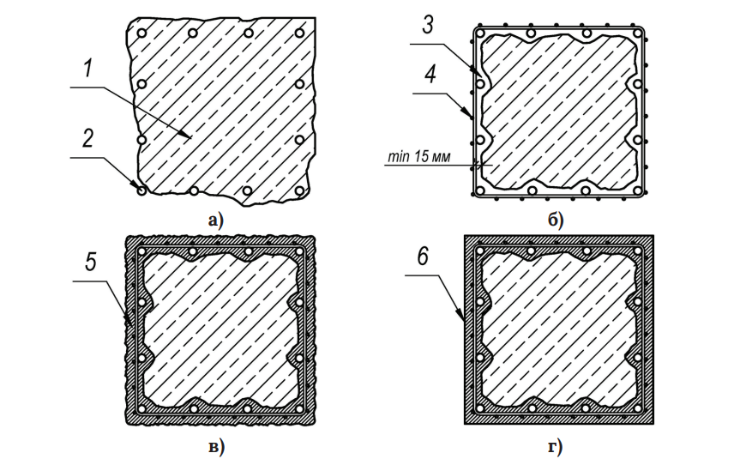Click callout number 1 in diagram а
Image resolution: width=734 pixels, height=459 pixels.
88,69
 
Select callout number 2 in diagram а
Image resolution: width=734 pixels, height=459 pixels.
88,139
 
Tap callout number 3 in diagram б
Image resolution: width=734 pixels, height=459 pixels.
428,25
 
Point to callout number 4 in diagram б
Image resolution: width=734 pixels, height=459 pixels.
430,74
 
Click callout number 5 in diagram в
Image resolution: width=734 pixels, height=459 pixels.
91,262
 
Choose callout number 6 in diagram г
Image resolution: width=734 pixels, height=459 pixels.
423,257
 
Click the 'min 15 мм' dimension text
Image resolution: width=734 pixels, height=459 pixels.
419,156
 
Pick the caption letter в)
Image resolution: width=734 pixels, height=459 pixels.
216,446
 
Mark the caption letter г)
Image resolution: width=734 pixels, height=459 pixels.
555,446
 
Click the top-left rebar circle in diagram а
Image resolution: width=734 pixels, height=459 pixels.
141,33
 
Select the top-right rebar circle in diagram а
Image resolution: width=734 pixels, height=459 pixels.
299,33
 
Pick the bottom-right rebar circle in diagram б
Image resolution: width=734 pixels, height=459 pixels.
637,190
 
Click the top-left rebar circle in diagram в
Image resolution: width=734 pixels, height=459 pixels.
141,251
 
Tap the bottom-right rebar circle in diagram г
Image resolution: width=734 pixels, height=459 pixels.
637,408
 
